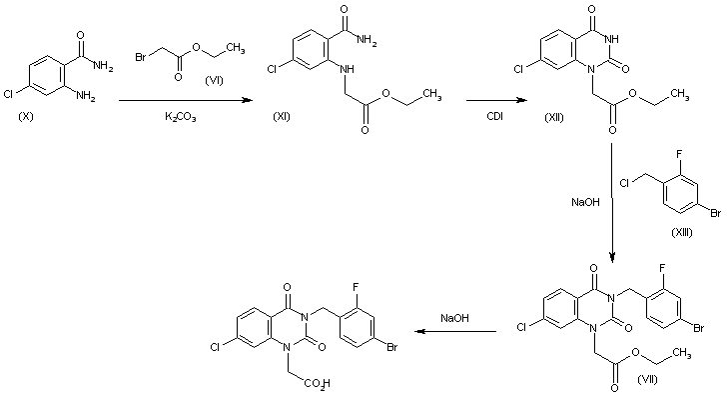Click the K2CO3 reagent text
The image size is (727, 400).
tap(181, 118)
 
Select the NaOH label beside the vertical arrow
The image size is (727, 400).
tap(584, 203)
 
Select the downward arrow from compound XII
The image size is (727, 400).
tap(610, 200)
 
